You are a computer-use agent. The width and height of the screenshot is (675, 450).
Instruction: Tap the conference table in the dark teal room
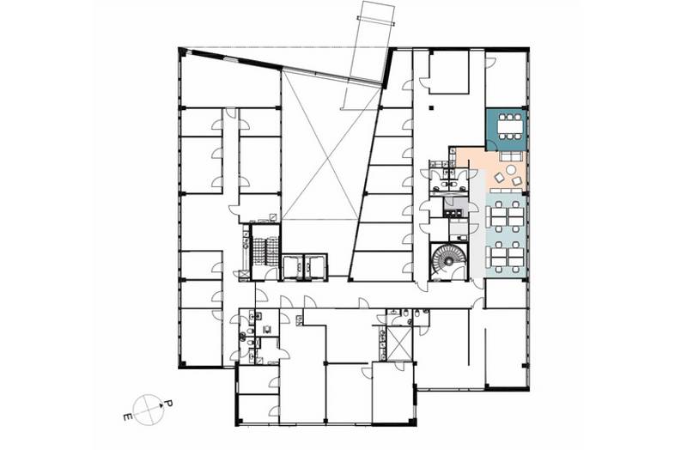pos(511,126)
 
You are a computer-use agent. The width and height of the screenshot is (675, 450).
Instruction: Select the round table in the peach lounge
pos(511,170)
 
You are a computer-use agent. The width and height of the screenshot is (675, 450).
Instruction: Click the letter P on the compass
pos(169,404)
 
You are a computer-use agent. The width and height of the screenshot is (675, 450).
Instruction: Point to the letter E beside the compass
pos(127,417)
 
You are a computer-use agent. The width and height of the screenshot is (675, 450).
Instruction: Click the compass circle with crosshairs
pos(149,409)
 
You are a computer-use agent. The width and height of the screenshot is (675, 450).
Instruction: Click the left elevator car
pos(293,267)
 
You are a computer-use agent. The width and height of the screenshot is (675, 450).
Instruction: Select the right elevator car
pos(315,267)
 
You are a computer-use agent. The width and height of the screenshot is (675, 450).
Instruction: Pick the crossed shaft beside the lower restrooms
pos(400,344)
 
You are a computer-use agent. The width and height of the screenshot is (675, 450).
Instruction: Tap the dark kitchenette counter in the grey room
pos(453,213)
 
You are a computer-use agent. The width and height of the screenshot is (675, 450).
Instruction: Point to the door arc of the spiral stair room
pos(457,271)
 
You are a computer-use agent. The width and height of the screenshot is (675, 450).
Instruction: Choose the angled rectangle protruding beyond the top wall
pos(368,55)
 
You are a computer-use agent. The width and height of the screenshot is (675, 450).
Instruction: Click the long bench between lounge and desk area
pos(507,190)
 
